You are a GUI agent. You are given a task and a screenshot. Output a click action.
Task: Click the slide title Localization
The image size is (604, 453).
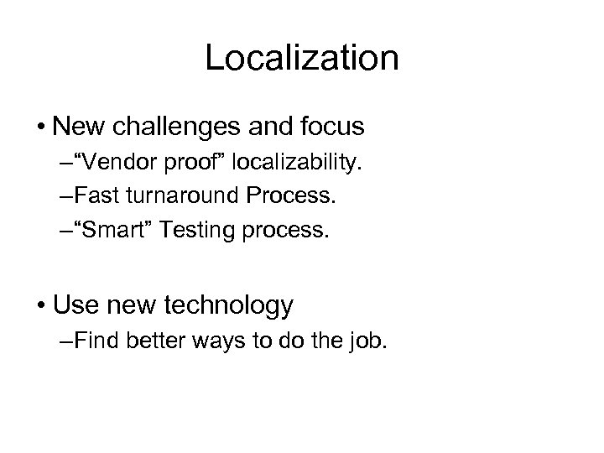tap(302, 59)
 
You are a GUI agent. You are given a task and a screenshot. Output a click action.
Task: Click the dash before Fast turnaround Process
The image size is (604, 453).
tap(66, 196)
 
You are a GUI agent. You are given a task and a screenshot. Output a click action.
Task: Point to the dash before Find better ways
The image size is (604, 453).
tap(66, 342)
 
